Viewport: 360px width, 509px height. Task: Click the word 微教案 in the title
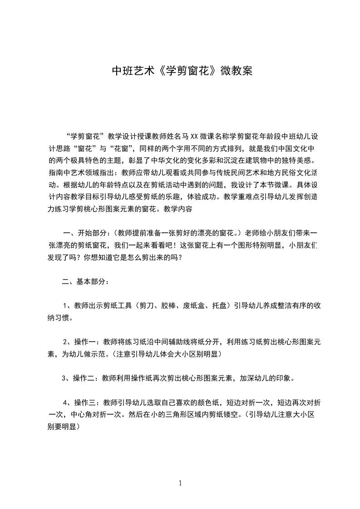tap(236, 71)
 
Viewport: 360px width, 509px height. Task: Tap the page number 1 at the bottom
tap(180, 483)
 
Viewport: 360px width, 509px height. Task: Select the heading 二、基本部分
tap(84, 281)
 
